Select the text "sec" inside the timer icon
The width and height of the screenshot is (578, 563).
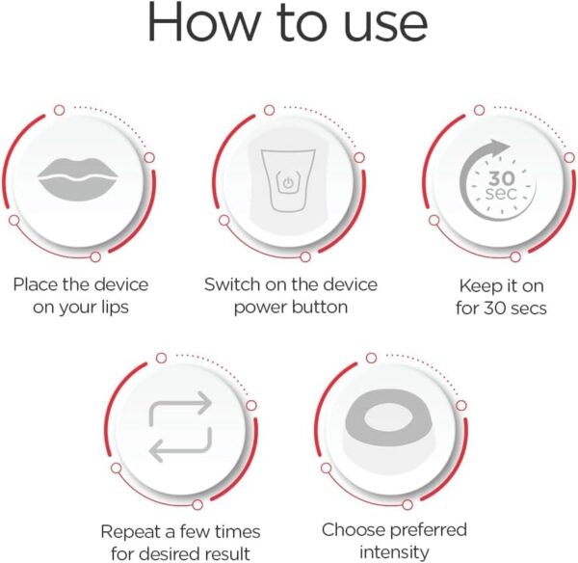(x=502, y=197)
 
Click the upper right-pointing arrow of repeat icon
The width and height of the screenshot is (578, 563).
(x=180, y=406)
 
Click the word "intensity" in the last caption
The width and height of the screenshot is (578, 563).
(x=394, y=552)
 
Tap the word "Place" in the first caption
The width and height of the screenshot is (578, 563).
(x=36, y=285)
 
